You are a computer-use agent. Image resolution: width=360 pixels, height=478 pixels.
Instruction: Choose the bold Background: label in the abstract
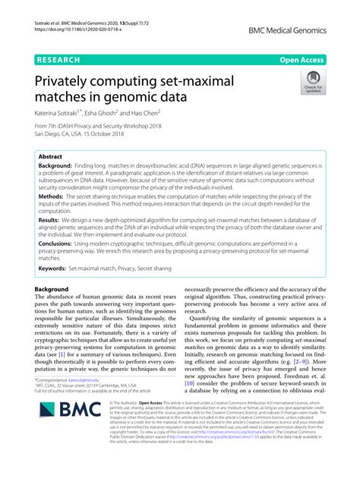pyautogui.click(x=61, y=164)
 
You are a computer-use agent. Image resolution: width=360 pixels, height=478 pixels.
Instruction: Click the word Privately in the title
pyautogui.click(x=69, y=80)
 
